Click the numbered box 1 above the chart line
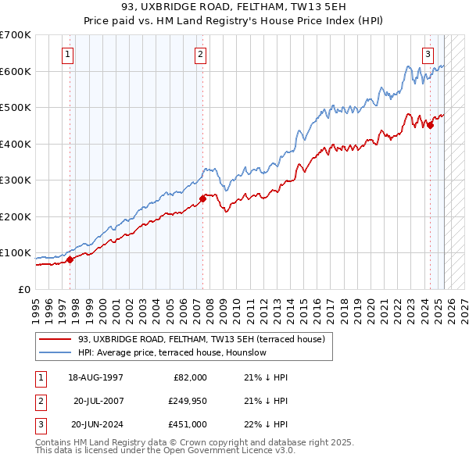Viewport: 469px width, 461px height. (x=69, y=54)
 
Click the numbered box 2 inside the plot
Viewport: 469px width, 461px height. (x=201, y=54)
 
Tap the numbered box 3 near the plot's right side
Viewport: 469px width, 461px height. (x=428, y=54)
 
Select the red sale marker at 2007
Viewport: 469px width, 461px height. (x=202, y=198)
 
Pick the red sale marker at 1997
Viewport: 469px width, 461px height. (x=70, y=259)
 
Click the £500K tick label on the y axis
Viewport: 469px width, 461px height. (x=16, y=107)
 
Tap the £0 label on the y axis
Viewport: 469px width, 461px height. (x=25, y=289)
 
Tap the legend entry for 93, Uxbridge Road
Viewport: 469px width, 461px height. (x=206, y=339)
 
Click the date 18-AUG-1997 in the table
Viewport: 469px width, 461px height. (x=97, y=377)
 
